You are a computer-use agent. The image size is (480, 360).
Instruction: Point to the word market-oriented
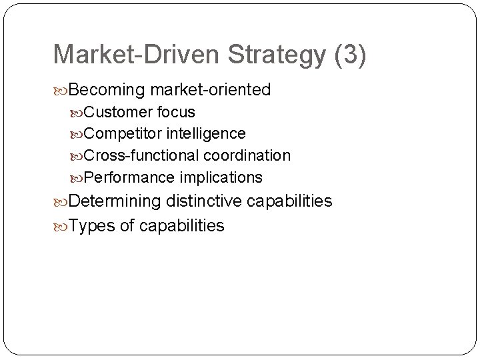pos(211,89)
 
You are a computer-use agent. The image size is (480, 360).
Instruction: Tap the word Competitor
pos(123,134)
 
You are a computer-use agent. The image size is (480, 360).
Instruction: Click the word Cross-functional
pos(142,155)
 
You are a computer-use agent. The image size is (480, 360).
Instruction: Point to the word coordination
pos(247,155)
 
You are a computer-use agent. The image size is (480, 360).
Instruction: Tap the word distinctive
pos(208,201)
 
